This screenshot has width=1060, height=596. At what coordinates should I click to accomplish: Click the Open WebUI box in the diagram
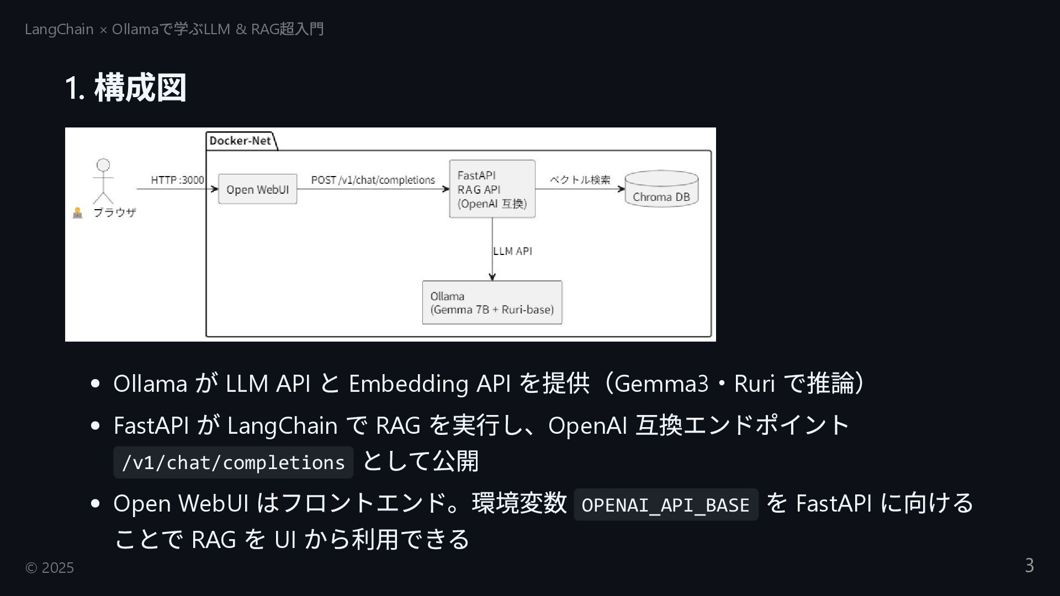click(257, 189)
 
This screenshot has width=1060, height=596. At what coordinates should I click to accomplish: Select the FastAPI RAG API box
click(492, 189)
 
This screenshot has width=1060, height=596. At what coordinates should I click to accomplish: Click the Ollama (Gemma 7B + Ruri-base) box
click(492, 302)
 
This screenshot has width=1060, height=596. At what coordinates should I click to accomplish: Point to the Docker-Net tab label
click(240, 141)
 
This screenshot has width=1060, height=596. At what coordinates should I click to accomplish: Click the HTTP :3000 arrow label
click(177, 180)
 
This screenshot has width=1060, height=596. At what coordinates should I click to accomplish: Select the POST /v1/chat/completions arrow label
click(373, 180)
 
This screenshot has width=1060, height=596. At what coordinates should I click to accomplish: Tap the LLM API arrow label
click(512, 251)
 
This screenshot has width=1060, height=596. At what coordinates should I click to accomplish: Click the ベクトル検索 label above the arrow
click(580, 180)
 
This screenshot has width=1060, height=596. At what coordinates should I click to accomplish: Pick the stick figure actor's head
click(103, 165)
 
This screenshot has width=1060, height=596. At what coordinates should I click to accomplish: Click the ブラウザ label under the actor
click(114, 212)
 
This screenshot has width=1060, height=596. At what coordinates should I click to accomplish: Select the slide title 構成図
click(140, 88)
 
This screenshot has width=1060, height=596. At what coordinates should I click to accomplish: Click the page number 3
click(1029, 566)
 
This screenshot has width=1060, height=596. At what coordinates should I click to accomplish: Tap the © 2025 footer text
click(50, 568)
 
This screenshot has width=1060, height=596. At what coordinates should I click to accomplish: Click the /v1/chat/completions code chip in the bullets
click(233, 462)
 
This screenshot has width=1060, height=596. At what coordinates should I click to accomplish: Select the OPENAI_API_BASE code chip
click(665, 504)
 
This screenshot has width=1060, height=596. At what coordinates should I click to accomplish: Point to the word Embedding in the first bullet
click(409, 384)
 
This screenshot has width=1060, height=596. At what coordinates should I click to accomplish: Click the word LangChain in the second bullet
click(282, 425)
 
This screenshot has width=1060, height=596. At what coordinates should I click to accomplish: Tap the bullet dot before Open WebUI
click(95, 503)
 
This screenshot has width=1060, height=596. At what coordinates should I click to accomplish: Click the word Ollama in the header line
click(135, 29)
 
